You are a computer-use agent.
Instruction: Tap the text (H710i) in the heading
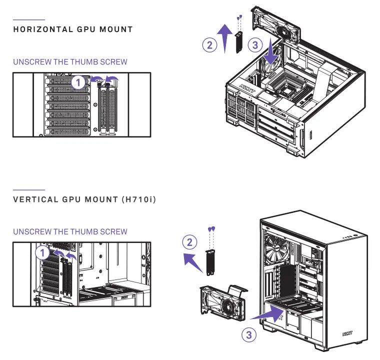(138, 199)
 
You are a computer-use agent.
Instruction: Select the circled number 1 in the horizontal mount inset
(78, 82)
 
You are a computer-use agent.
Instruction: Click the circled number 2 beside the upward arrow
(209, 45)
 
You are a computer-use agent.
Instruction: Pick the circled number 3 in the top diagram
(255, 45)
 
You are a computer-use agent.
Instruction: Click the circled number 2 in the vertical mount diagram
(189, 243)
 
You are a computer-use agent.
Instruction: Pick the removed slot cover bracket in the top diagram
(239, 42)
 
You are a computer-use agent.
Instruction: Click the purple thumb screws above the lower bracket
(211, 229)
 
